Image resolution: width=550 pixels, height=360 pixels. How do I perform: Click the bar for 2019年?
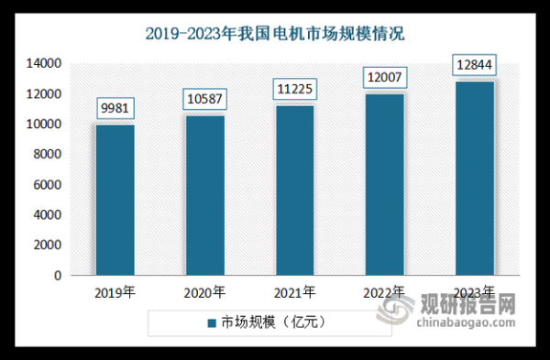coord(115,200)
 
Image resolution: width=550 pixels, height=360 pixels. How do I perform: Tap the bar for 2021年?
coord(294,191)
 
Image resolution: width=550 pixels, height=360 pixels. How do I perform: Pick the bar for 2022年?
coord(384,184)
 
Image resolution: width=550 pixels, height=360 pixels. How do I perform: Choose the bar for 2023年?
coord(474,178)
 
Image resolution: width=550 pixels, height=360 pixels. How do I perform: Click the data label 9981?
coord(115,109)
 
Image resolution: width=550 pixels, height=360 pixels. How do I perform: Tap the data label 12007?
coord(384,77)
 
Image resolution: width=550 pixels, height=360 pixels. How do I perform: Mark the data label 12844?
coord(474,65)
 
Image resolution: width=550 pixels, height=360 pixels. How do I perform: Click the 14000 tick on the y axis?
coord(44,63)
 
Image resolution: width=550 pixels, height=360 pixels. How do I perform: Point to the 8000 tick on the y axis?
coord(48,154)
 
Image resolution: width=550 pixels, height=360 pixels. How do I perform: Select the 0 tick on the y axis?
coord(57,275)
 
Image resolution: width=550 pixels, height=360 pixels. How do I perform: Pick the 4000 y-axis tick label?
coord(48,214)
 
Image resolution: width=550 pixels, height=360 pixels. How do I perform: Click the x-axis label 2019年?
coord(115,293)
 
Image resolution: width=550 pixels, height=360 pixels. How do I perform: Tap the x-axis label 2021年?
coord(295,293)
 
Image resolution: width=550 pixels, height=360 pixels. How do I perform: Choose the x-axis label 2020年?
coord(205,293)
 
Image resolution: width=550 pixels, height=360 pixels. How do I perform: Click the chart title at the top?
coord(275,35)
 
